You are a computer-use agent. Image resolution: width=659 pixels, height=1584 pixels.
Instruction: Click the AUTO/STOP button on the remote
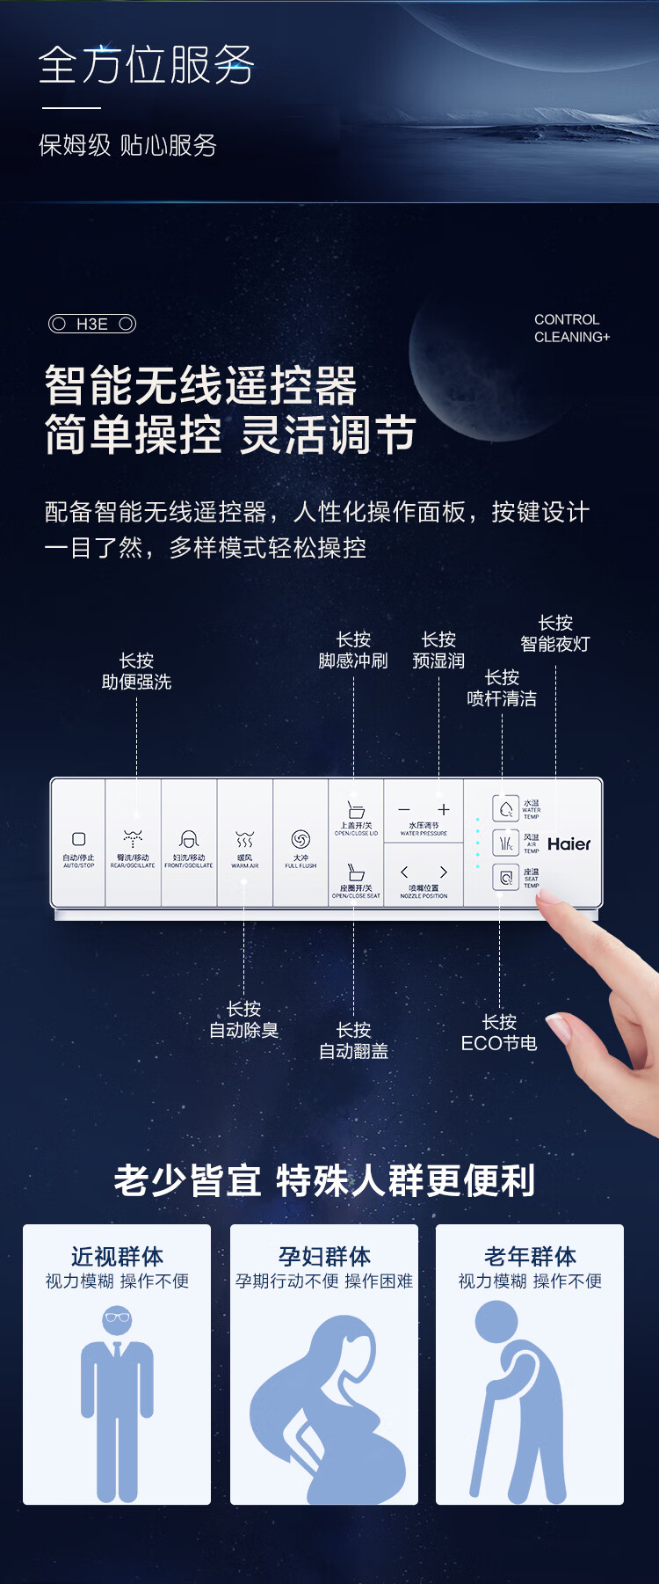(x=78, y=839)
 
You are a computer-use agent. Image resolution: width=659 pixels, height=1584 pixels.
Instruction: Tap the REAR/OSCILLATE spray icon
(x=133, y=837)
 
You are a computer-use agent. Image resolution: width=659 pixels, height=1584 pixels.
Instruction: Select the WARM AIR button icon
(x=244, y=840)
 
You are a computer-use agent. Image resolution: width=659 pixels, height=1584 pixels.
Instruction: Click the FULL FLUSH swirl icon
(x=301, y=839)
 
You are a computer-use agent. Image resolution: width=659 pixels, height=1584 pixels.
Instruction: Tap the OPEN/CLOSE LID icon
(x=356, y=809)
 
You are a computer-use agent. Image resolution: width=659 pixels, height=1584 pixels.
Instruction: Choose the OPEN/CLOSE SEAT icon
(x=356, y=872)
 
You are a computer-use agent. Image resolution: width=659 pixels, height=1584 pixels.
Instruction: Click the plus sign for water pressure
(x=444, y=809)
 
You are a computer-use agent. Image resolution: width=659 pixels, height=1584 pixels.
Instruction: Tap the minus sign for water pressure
(x=404, y=809)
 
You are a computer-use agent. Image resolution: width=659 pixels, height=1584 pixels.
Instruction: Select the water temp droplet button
(x=506, y=808)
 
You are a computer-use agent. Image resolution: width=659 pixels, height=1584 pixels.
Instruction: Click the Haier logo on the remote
(x=568, y=844)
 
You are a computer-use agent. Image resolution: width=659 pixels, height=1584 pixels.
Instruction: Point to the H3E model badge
(x=92, y=324)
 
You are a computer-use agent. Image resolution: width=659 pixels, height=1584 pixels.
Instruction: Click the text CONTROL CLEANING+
(x=571, y=328)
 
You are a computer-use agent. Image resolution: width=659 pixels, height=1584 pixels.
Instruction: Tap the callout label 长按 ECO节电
(x=499, y=1033)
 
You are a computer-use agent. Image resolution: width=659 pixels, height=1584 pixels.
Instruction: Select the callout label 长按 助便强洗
(x=136, y=671)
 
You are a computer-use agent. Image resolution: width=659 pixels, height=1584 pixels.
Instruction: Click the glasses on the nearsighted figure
(x=117, y=1317)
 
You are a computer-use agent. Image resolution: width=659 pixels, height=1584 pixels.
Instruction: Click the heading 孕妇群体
(x=324, y=1256)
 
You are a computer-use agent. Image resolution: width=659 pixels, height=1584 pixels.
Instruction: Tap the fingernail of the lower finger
(x=557, y=1026)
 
